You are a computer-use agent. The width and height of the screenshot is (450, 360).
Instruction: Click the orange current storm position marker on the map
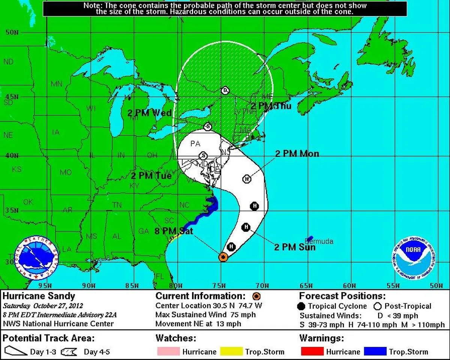click(x=223, y=257)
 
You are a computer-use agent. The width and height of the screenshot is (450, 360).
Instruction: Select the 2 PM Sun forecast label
click(x=294, y=247)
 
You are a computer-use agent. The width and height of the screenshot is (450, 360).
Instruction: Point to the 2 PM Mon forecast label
click(x=297, y=154)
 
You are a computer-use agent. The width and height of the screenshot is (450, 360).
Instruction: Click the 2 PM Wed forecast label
click(x=149, y=113)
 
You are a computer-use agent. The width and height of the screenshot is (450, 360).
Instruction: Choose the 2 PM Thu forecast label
click(x=271, y=106)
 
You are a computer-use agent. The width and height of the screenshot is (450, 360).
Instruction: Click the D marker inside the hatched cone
click(x=225, y=90)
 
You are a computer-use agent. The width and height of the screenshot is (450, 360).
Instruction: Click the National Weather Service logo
click(x=36, y=259)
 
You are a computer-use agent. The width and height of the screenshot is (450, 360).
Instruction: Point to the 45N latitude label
click(x=12, y=96)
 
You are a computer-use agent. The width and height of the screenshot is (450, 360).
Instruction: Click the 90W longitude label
click(x=89, y=286)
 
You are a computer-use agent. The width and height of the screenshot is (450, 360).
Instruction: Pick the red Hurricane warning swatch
click(x=312, y=352)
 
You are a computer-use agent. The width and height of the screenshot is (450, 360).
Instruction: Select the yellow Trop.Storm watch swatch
click(x=231, y=352)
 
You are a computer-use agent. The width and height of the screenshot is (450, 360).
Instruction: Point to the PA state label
click(x=195, y=144)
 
